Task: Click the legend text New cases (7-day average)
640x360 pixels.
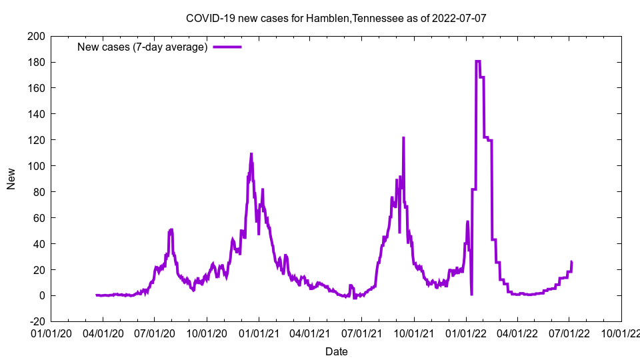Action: (142, 47)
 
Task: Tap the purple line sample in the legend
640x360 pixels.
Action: (227, 47)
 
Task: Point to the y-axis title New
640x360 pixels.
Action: (11, 179)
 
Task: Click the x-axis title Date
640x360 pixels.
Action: (336, 351)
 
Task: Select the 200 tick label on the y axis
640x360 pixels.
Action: (36, 36)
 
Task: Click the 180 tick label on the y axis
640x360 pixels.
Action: (36, 62)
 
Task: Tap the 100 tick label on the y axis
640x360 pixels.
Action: (36, 166)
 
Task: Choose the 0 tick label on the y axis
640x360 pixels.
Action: (41, 295)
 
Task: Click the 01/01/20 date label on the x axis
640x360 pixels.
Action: (51, 332)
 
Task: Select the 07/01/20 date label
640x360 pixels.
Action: (155, 332)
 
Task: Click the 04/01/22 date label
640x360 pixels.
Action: (517, 332)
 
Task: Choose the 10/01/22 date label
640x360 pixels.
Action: (621, 332)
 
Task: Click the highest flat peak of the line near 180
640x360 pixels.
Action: (478, 61)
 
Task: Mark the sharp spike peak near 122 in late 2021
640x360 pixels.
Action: (403, 138)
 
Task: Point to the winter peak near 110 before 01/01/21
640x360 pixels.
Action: (251, 154)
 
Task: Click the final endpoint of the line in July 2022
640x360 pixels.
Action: (571, 262)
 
